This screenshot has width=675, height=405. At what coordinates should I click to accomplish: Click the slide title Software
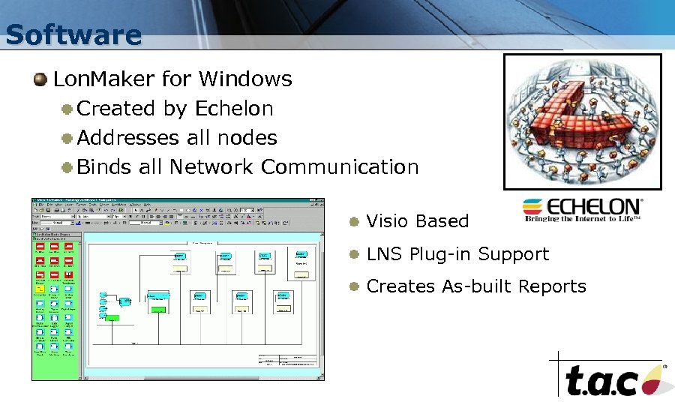[73, 34]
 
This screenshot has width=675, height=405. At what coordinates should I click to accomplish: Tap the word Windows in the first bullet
[246, 79]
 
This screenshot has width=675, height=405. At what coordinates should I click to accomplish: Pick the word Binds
[104, 167]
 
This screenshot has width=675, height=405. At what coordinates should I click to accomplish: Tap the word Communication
[340, 167]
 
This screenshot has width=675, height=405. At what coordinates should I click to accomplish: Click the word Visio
[388, 221]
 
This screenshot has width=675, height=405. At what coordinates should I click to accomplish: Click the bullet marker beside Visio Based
[353, 221]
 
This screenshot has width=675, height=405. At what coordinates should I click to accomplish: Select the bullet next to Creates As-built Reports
[353, 286]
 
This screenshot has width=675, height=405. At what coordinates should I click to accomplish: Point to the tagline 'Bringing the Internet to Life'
[582, 219]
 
